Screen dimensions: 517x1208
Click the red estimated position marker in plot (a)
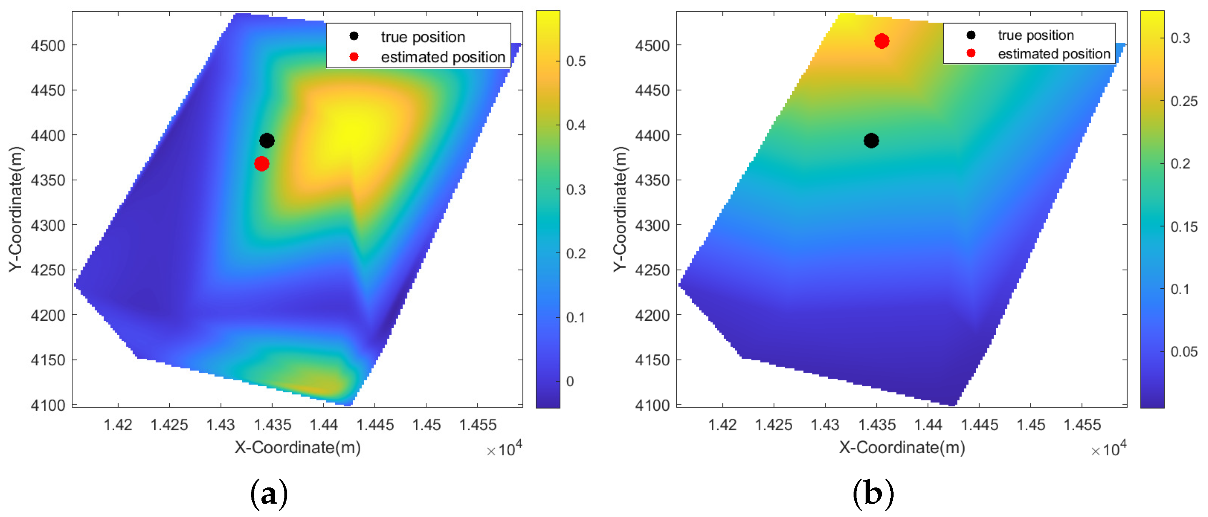[x=261, y=164]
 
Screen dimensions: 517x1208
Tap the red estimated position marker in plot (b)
[x=881, y=41]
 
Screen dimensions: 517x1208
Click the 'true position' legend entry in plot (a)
[x=422, y=37]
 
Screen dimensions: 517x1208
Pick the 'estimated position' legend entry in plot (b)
[x=1053, y=54]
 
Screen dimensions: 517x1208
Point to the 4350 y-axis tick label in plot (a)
[x=48, y=180]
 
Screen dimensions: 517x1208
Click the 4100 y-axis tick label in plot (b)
[x=652, y=405]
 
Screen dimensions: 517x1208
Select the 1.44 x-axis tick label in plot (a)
[x=323, y=425]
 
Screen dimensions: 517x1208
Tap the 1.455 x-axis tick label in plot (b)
[x=1081, y=425]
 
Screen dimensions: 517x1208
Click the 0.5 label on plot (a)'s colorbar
[x=575, y=61]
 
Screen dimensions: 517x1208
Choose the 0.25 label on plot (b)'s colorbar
[x=1184, y=101]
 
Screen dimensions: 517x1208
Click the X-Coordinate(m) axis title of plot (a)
[x=297, y=447]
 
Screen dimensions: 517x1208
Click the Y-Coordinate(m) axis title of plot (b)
[x=620, y=209]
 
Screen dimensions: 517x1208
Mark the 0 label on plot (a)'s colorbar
[x=570, y=382]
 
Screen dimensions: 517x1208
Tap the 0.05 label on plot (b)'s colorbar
[x=1184, y=352]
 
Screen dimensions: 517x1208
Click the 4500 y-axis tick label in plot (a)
[x=48, y=45]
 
